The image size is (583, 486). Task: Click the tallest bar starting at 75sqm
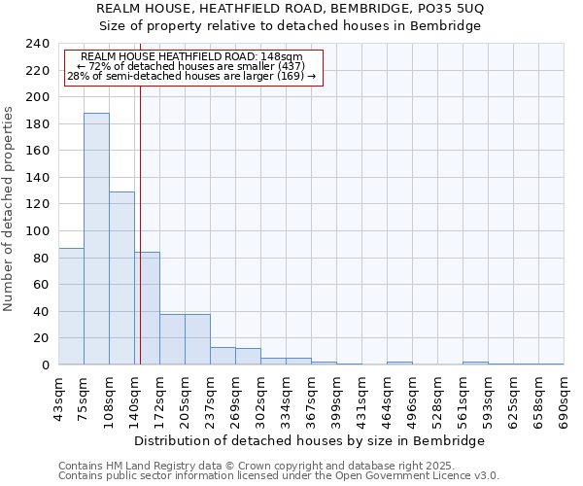pos(96,238)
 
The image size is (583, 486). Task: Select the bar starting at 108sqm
pos(121,278)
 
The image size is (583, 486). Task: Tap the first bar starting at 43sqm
pos(71,306)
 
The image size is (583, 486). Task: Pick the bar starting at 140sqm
pos(147,308)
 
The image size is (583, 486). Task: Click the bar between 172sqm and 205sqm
pos(172,339)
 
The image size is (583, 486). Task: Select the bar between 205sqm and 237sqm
pos(197,339)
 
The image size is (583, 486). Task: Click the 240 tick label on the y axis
pos(37,44)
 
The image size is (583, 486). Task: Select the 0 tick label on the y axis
pos(45,365)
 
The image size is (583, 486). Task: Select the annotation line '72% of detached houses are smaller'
pos(191,66)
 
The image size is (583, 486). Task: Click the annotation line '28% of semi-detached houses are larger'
pos(191,76)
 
